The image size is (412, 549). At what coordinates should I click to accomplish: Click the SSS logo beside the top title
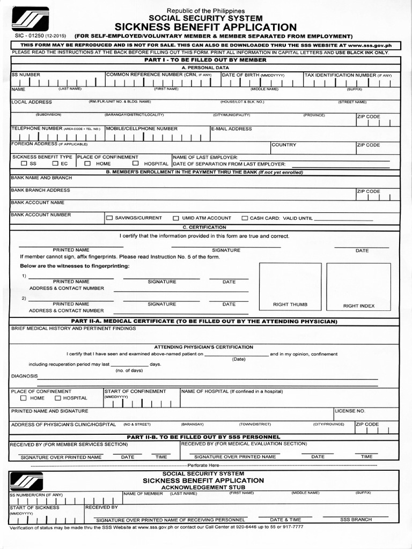point(30,19)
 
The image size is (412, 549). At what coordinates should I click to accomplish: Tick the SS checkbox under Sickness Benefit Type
point(24,164)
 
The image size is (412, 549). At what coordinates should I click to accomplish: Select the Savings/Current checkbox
point(109,218)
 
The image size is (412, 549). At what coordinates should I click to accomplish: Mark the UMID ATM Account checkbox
point(176,218)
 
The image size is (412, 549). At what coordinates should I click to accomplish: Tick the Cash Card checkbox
point(245,218)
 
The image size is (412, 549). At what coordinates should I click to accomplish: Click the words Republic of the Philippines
point(205,11)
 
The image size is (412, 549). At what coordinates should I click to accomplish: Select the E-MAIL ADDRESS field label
point(232,129)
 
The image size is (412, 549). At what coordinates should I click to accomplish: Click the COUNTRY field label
point(284,145)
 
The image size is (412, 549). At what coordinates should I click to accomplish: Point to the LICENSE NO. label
point(350,411)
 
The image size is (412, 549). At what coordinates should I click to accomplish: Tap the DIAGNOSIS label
point(24,376)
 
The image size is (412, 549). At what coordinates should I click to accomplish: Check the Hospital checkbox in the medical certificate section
point(58,398)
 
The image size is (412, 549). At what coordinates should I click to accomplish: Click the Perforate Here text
point(205,465)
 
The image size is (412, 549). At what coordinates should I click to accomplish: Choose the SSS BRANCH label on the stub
point(356,520)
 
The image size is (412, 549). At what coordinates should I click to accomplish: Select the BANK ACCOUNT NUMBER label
point(41,214)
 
